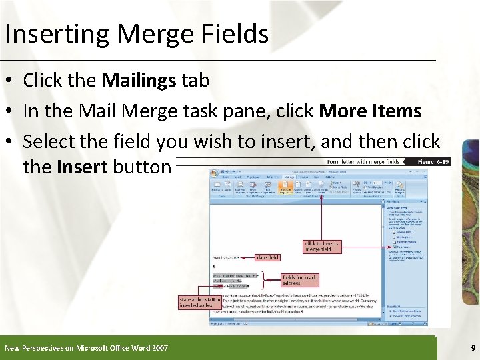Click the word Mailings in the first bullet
139,81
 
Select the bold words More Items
370,111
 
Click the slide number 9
473,348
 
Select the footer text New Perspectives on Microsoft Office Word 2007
86,348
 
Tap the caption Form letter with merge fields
363,161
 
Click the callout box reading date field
267,257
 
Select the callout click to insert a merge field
323,247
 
